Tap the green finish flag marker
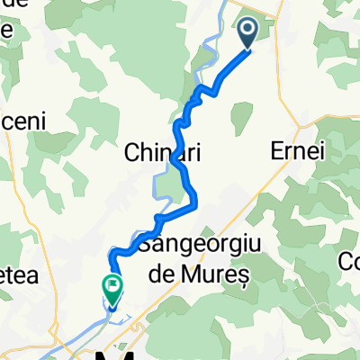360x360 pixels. pos(112,289)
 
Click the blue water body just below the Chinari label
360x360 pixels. pos(165,184)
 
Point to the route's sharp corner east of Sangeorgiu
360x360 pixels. pos(195,208)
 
